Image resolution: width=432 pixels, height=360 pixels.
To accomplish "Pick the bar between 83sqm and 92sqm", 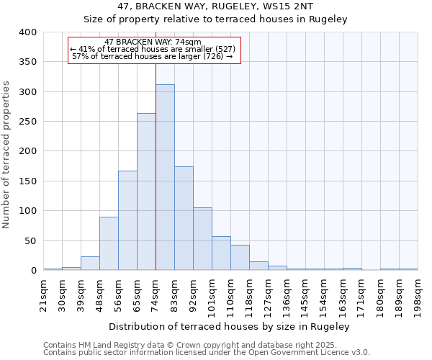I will [184, 219].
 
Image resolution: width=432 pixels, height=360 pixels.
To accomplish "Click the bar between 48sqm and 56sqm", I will [109, 244].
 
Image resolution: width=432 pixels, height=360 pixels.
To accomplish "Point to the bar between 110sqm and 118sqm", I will [240, 258].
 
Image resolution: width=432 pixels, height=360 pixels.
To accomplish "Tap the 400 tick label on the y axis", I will [27, 32].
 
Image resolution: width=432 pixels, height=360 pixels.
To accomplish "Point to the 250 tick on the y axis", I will [27, 122].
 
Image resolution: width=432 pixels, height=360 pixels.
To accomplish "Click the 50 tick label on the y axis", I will [30, 240].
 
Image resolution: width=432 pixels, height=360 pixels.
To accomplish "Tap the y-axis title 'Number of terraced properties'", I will [7, 154].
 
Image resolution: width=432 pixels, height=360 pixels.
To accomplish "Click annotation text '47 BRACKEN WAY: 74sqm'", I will [153, 42].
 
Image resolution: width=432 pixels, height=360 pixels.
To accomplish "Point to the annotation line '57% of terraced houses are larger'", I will [153, 56].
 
